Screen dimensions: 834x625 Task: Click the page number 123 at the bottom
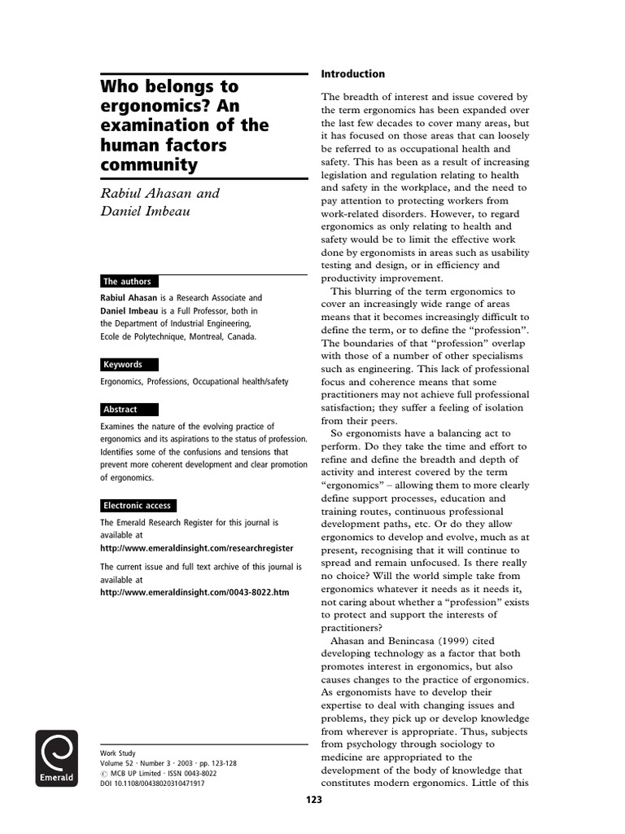(314, 800)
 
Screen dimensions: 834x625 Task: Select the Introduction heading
(353, 74)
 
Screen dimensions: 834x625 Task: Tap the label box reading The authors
(129, 281)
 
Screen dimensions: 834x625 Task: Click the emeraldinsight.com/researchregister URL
(196, 548)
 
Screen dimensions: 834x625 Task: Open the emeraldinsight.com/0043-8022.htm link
(194, 592)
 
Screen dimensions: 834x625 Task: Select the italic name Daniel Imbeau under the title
(146, 213)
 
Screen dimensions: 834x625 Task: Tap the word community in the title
(149, 165)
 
